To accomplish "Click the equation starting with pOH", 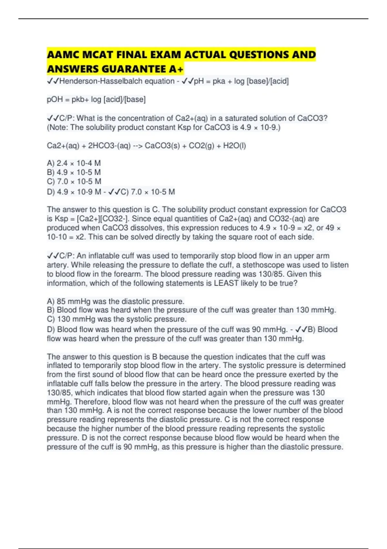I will coord(96,99).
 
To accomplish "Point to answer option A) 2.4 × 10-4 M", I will coord(74,163).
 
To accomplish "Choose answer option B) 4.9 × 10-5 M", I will coord(74,172).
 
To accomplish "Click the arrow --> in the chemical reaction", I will coord(138,146).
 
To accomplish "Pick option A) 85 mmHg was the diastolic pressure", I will coord(115,302).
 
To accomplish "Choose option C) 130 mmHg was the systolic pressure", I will coord(117,319).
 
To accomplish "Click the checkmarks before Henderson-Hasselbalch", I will coord(53,81).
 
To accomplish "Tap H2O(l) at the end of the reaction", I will coord(234,146).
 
